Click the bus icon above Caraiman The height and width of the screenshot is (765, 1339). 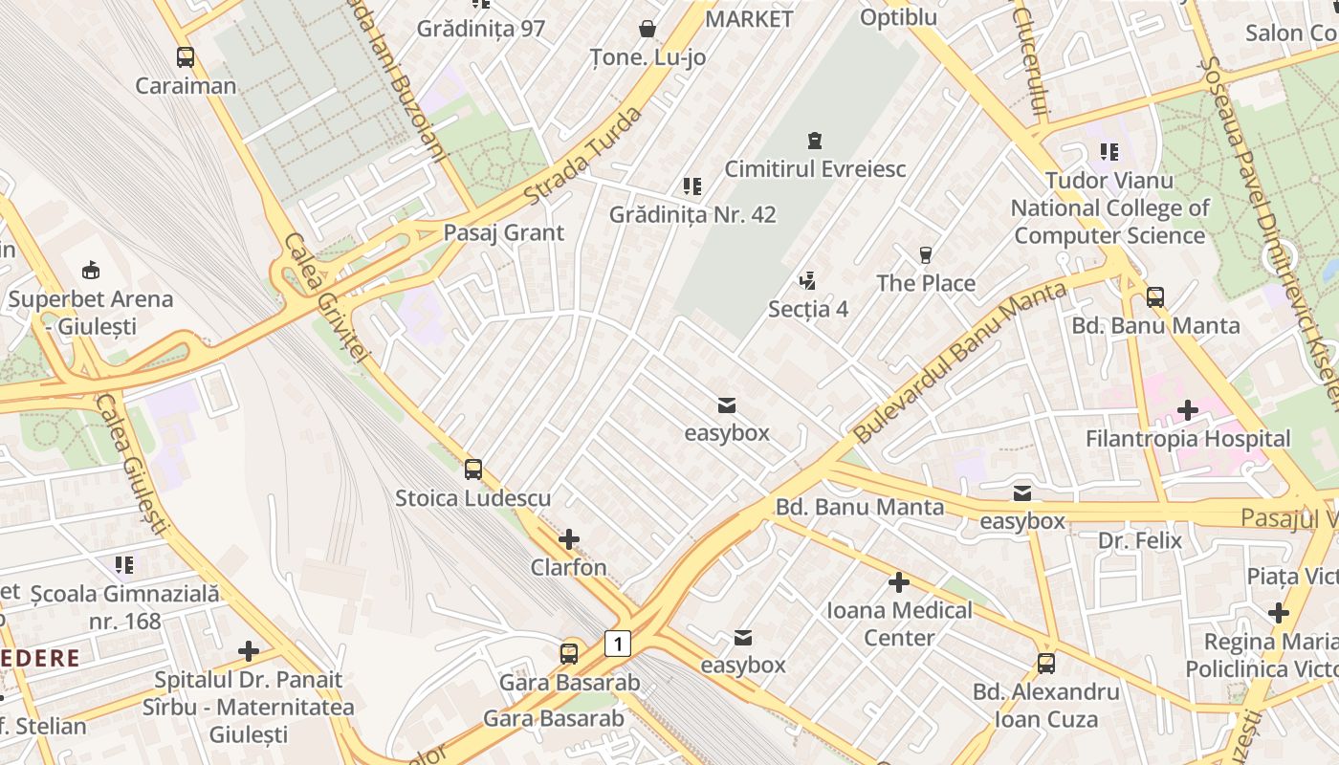186,57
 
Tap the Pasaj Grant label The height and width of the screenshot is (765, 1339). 503,232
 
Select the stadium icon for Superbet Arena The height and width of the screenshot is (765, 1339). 91,270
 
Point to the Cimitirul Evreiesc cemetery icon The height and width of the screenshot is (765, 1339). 814,141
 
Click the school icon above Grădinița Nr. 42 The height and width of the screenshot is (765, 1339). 692,186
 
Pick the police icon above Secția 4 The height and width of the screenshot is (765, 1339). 808,281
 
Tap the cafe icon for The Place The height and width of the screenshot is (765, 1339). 925,254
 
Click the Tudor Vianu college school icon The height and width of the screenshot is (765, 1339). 1109,151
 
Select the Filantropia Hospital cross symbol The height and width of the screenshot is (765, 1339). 1187,410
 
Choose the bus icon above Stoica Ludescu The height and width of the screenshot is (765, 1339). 473,470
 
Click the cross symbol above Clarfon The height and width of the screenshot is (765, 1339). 569,539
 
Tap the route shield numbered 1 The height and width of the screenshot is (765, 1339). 618,644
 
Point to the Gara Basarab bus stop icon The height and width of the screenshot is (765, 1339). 569,654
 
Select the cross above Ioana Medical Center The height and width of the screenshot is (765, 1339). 898,581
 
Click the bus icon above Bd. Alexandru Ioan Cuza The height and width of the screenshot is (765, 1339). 1046,663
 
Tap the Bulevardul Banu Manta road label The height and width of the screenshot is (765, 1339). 958,363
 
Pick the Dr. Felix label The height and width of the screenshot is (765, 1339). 1140,540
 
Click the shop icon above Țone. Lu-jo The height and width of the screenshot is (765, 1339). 648,29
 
